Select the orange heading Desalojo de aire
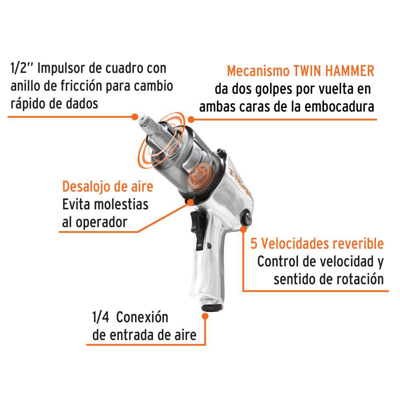108,187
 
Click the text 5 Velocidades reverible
317,243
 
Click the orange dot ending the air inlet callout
205,316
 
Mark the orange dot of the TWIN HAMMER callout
191,119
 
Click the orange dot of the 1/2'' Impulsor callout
135,117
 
